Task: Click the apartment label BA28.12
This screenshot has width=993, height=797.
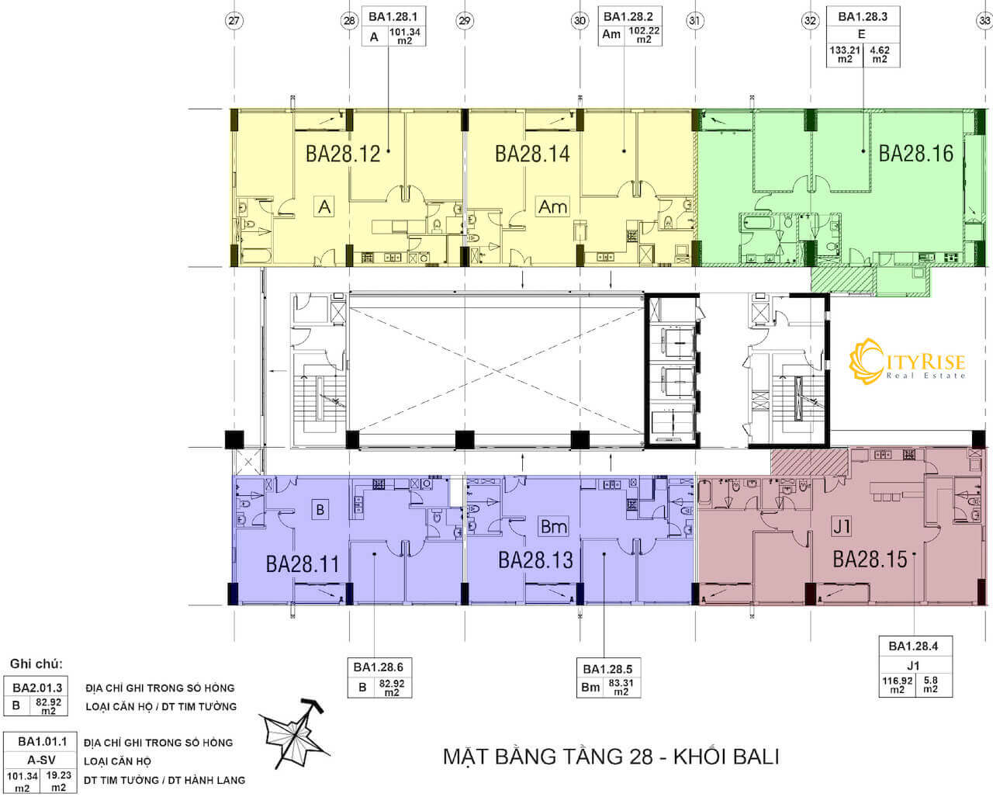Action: pos(342,154)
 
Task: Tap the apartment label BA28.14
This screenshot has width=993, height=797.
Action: pos(532,154)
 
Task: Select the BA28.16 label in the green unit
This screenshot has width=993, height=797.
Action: pos(915,153)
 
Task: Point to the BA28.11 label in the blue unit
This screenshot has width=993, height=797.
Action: pos(303,564)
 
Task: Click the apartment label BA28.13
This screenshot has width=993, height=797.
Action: pos(535,560)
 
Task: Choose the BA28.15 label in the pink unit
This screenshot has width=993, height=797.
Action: pos(869,560)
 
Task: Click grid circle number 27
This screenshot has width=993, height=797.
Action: pos(234,22)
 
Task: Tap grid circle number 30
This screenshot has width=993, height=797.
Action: pos(580,22)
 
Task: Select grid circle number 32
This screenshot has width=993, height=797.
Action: pos(811,22)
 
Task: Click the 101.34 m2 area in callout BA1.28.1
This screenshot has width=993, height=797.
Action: pos(404,36)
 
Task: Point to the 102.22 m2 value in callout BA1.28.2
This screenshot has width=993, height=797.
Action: pos(643,36)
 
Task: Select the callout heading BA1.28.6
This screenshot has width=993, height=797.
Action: pos(378,667)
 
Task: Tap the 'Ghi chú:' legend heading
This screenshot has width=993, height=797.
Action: pos(36,664)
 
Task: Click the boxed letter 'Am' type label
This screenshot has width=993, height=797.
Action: pos(552,206)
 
